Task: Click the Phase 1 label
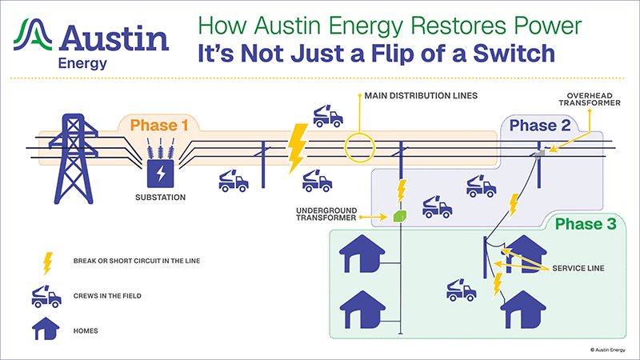(159, 125)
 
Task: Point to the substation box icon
(160, 172)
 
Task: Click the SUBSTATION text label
(160, 197)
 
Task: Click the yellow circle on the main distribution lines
(360, 146)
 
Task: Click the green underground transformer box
(400, 216)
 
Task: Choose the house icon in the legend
(47, 328)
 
